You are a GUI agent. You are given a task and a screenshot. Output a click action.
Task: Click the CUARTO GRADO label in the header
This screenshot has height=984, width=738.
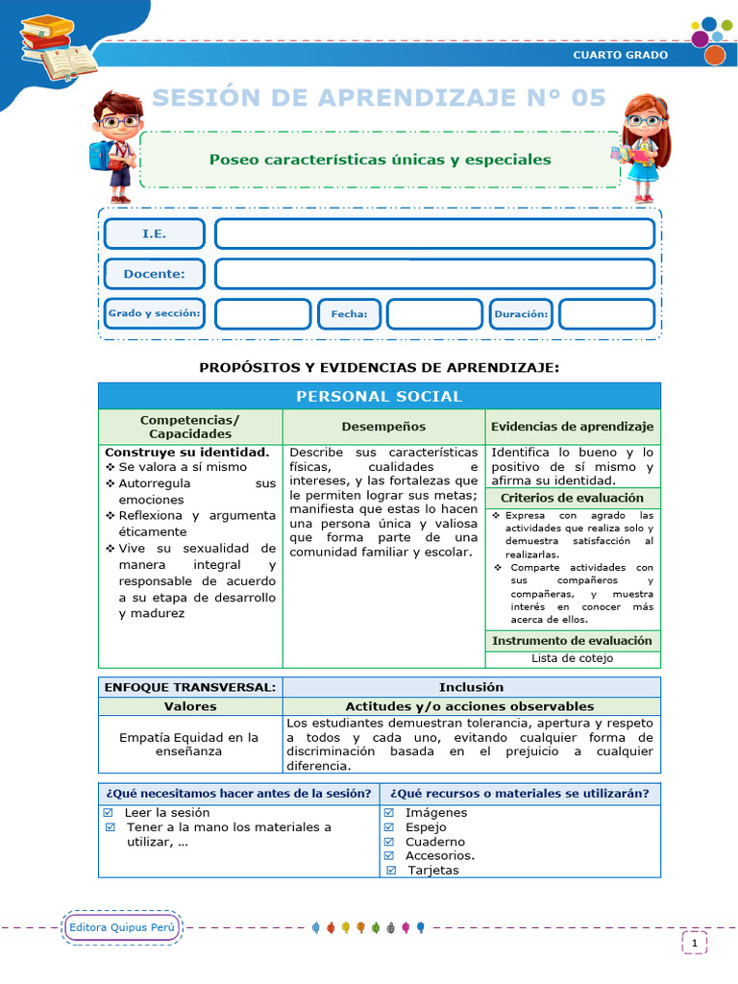click(620, 55)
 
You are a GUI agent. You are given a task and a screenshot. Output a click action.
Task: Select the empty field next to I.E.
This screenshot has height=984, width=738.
click(434, 234)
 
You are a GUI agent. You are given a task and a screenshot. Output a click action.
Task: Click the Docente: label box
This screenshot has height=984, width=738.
click(154, 274)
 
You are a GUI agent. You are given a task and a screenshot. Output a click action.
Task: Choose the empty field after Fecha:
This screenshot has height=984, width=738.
click(434, 314)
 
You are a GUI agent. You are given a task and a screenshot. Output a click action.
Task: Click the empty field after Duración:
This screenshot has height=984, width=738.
click(606, 314)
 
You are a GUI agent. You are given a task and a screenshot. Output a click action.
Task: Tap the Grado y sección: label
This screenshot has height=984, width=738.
click(154, 314)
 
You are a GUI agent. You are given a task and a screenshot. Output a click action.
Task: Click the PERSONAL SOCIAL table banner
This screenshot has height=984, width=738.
click(379, 396)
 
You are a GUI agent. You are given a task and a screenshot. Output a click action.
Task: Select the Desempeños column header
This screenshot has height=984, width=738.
click(383, 427)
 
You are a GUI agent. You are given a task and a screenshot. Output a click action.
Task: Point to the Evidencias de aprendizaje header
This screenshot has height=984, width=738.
click(573, 427)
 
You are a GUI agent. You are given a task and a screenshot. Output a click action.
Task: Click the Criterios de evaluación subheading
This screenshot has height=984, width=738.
click(573, 498)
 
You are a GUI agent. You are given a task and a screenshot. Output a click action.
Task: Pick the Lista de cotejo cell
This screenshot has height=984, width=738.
click(573, 658)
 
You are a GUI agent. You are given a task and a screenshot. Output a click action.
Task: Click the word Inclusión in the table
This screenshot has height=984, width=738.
click(471, 687)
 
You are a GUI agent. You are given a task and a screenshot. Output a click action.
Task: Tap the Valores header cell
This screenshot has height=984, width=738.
click(189, 706)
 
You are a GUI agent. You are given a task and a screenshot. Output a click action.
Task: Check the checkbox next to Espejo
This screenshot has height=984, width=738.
click(389, 827)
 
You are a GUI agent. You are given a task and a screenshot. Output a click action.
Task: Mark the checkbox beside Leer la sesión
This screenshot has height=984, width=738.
click(109, 813)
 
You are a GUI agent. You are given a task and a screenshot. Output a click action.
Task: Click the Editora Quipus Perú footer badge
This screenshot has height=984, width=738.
click(121, 927)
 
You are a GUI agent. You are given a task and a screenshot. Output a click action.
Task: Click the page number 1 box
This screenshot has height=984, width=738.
click(695, 944)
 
